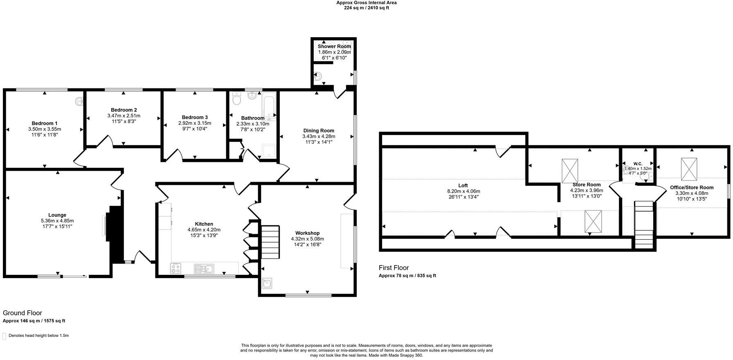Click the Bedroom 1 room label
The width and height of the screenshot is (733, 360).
coord(45,123)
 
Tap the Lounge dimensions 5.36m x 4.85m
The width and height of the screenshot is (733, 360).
coord(57,221)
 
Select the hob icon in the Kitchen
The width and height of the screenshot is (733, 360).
coord(176,268)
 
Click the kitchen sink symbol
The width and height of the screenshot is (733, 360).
coord(204,268)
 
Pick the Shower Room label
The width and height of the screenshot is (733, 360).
coord(334,46)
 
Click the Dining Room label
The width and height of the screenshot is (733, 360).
coord(319,131)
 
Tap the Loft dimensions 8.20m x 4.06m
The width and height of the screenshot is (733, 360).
coord(463,191)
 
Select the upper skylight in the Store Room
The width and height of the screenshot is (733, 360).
coord(570,171)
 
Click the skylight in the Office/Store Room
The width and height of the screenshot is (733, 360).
coord(689,169)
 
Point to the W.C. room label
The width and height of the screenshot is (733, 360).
coord(638,164)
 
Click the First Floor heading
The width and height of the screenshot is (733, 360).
coord(393,268)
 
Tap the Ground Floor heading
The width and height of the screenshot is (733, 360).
coord(22,313)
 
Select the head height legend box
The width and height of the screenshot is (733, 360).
coord(4,336)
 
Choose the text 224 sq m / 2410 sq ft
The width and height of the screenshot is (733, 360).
coord(366,8)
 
